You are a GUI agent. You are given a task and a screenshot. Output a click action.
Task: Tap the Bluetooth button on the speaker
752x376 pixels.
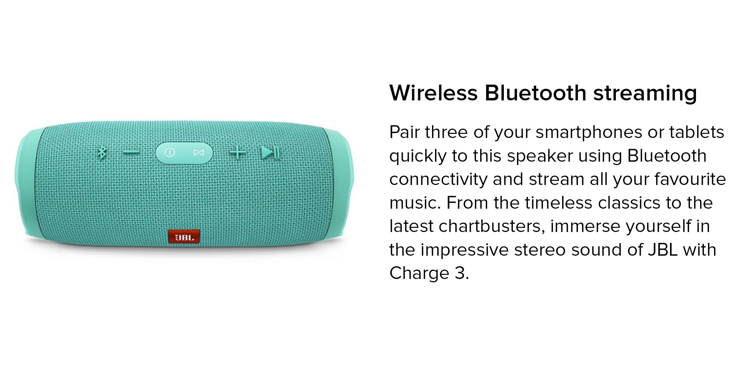click(x=102, y=153)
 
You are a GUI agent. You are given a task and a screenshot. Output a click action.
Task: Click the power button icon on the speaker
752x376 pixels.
click(x=170, y=153)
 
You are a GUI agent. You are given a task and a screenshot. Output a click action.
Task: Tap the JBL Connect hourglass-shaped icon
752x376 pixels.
click(x=199, y=153)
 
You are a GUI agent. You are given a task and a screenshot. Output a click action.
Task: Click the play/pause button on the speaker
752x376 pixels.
click(x=270, y=153)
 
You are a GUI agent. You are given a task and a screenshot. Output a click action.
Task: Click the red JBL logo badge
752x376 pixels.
click(x=184, y=237)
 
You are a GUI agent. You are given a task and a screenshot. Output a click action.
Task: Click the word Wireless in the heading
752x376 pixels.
click(x=433, y=93)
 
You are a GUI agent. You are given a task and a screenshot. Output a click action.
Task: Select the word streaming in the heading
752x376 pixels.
click(x=645, y=94)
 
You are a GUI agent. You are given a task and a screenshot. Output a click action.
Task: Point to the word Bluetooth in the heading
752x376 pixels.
click(x=535, y=93)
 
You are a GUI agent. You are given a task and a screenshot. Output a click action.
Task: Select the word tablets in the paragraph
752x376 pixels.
click(x=696, y=132)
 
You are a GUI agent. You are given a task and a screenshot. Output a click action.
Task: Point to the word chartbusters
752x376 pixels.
click(x=492, y=226)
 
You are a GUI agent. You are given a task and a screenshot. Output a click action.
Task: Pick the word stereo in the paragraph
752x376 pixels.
click(x=540, y=250)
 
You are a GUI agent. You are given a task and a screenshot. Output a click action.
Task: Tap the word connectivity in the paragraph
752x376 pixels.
click(x=438, y=180)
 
